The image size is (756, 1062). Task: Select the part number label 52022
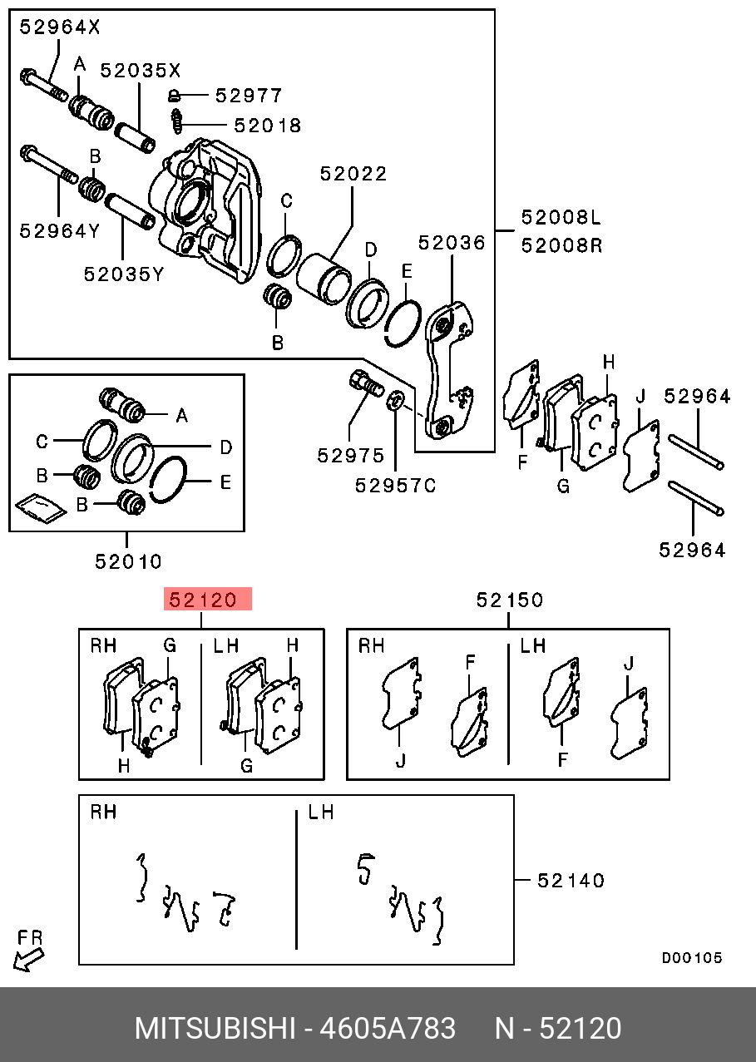[353, 174]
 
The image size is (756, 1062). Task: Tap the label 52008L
[561, 218]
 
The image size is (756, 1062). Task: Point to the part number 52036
[451, 242]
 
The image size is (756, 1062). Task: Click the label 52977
[249, 96]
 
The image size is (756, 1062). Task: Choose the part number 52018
[267, 126]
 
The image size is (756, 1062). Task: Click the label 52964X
[60, 27]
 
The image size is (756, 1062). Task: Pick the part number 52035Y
[124, 273]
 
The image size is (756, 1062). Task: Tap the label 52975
[350, 456]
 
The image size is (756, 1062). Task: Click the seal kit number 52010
[128, 561]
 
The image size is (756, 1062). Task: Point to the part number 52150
[510, 599]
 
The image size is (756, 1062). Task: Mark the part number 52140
[571, 880]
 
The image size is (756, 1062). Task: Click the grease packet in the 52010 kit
[40, 510]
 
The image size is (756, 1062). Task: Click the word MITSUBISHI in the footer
[215, 1029]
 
